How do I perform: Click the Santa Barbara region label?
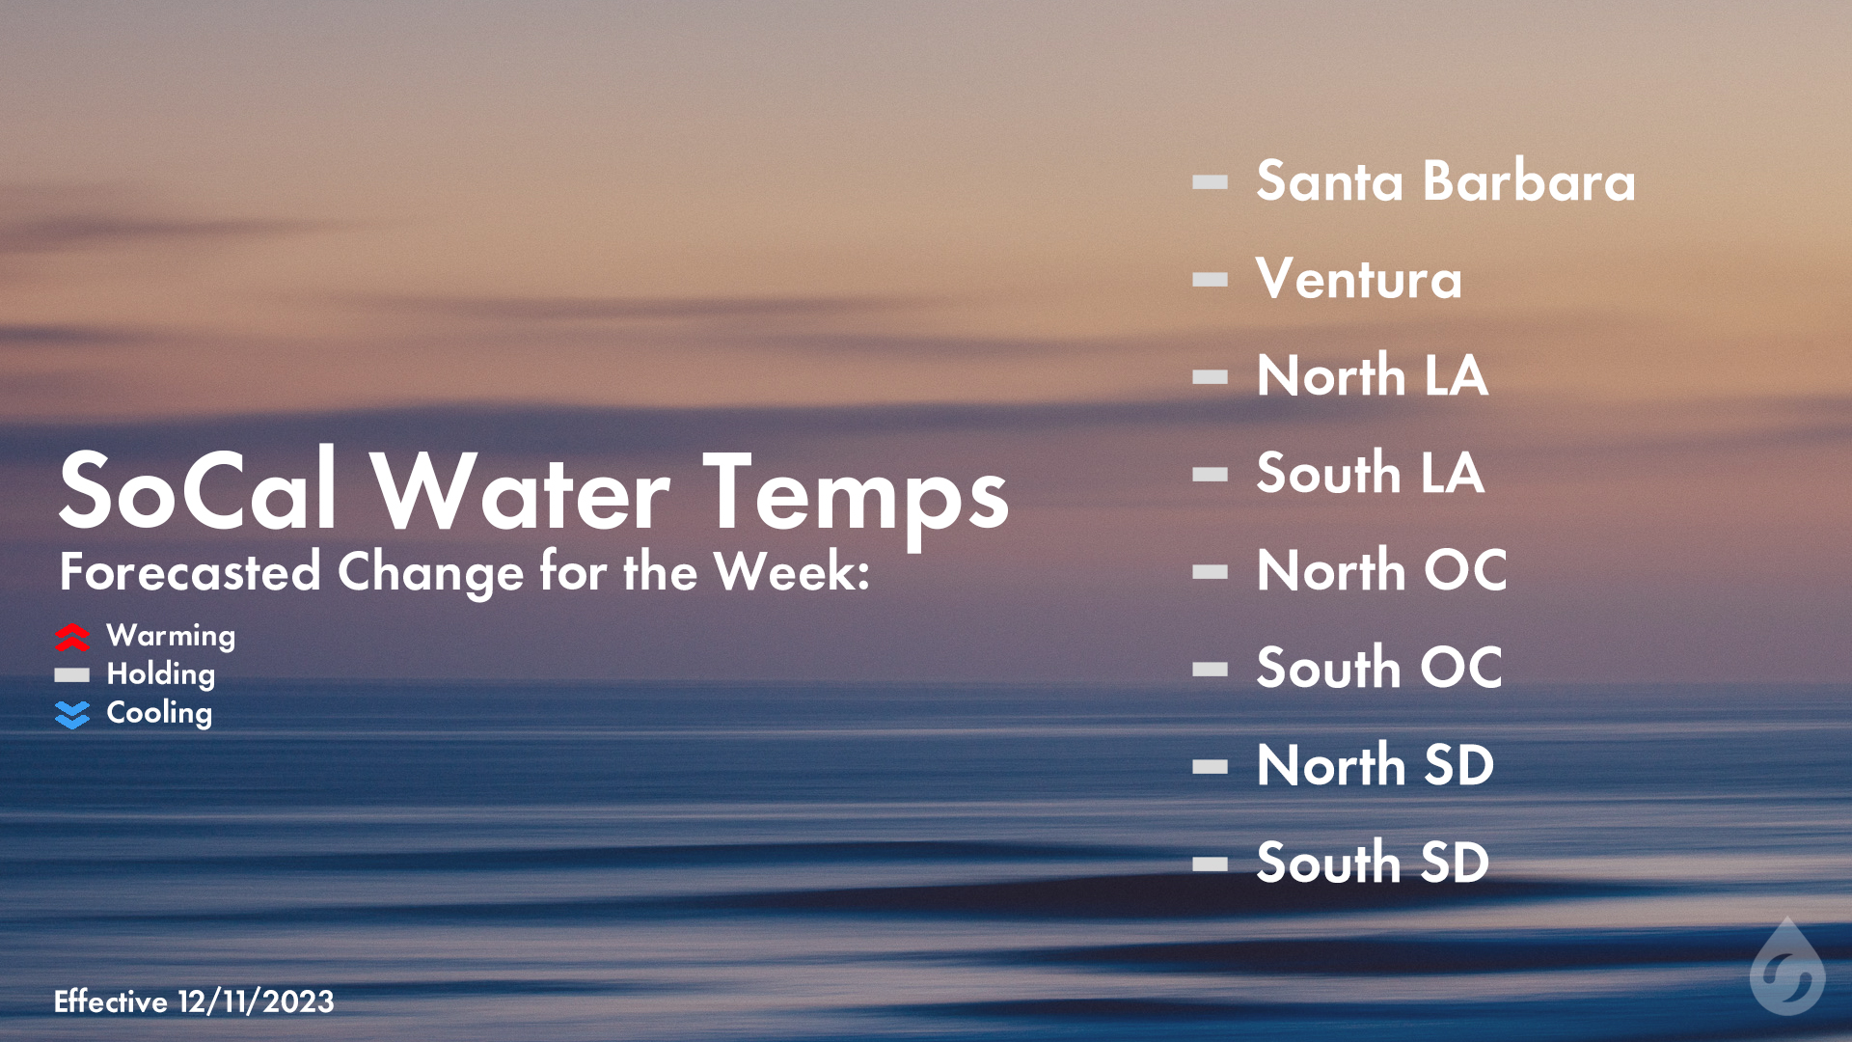1445,181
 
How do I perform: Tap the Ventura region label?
1358,279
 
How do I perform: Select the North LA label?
1372,376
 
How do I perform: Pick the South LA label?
1370,474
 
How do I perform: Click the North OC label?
1381,571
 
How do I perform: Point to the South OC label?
1379,669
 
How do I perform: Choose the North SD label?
1375,766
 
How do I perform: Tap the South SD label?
1373,864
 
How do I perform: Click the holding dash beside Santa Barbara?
1210,181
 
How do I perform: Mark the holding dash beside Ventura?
1210,280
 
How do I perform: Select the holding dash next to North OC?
1210,572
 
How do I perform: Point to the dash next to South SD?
1210,864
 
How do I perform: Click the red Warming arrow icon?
72,637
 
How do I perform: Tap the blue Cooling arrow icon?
72,714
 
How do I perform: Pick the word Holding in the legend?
160,674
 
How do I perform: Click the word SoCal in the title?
198,492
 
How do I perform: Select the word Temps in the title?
855,494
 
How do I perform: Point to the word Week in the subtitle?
790,571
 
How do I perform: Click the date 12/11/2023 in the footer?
256,1001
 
